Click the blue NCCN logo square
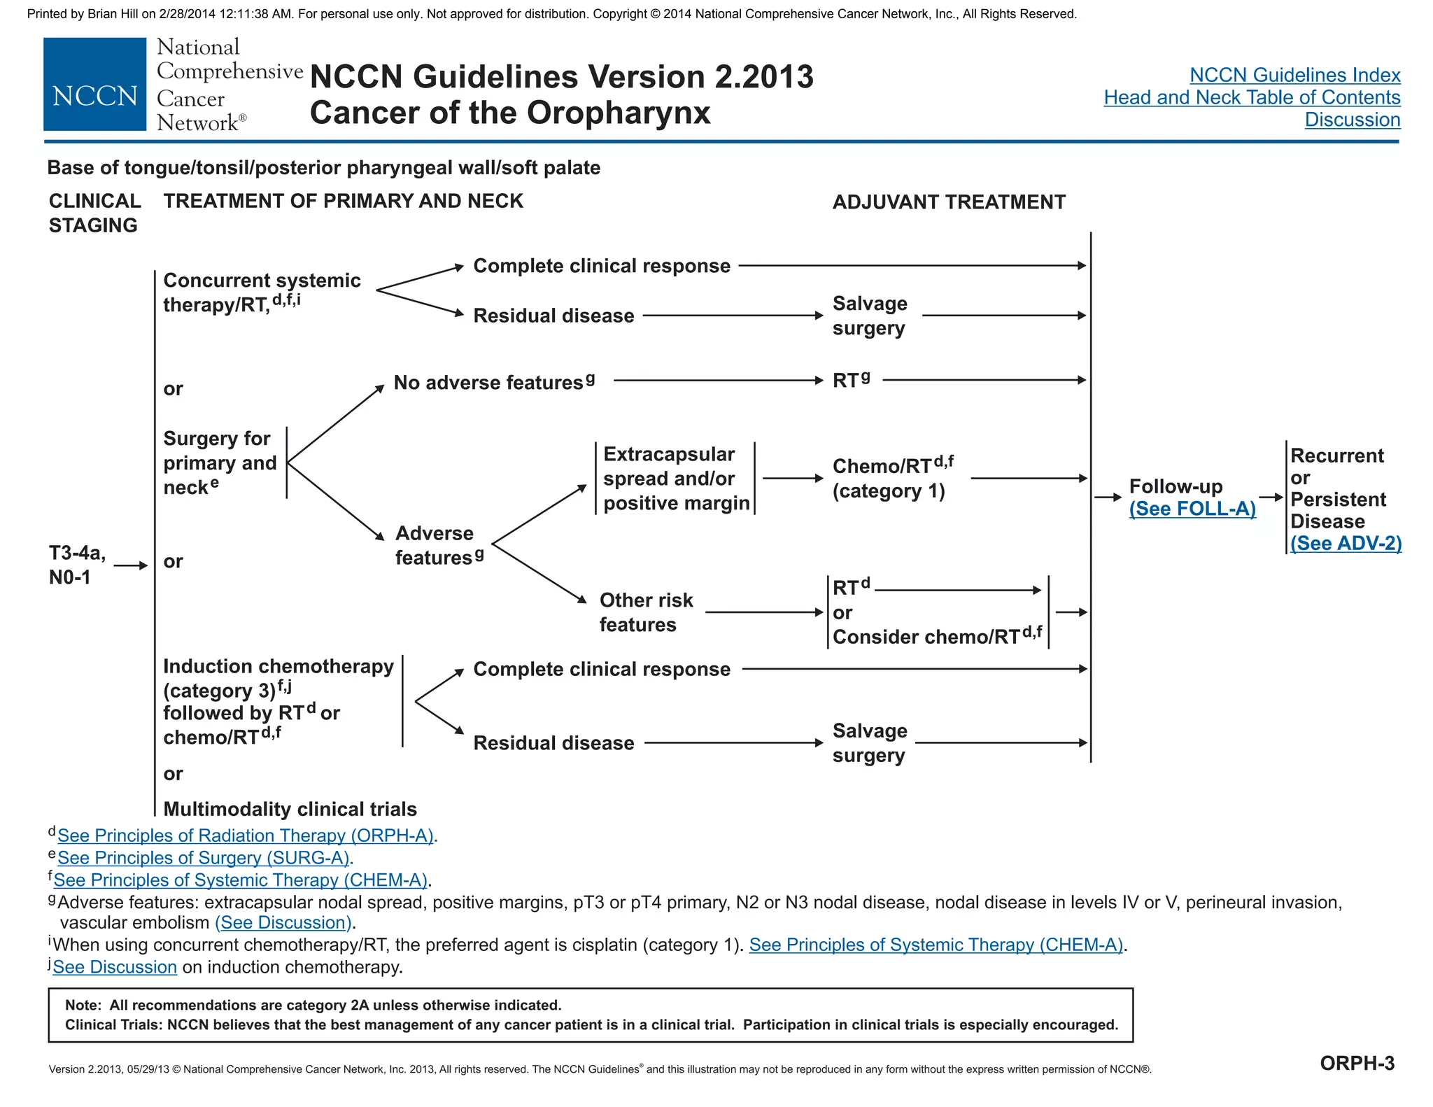click(x=94, y=85)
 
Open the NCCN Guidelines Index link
click(x=1294, y=75)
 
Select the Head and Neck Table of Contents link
click(x=1252, y=97)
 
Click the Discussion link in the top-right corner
click(x=1352, y=120)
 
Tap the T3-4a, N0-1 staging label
click(x=76, y=565)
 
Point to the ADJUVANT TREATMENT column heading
click(x=948, y=202)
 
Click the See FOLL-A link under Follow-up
click(x=1192, y=509)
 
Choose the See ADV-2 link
click(x=1346, y=544)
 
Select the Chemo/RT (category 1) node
click(x=891, y=478)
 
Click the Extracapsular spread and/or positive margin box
click(x=675, y=479)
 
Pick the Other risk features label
click(x=645, y=612)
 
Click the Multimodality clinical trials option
click(x=290, y=809)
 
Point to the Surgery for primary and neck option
click(x=220, y=463)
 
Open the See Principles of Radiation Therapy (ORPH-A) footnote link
click(x=246, y=835)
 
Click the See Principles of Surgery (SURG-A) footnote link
click(x=204, y=858)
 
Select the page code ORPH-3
click(x=1357, y=1063)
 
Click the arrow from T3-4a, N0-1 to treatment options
click(x=131, y=565)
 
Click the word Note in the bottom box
click(x=82, y=1006)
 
